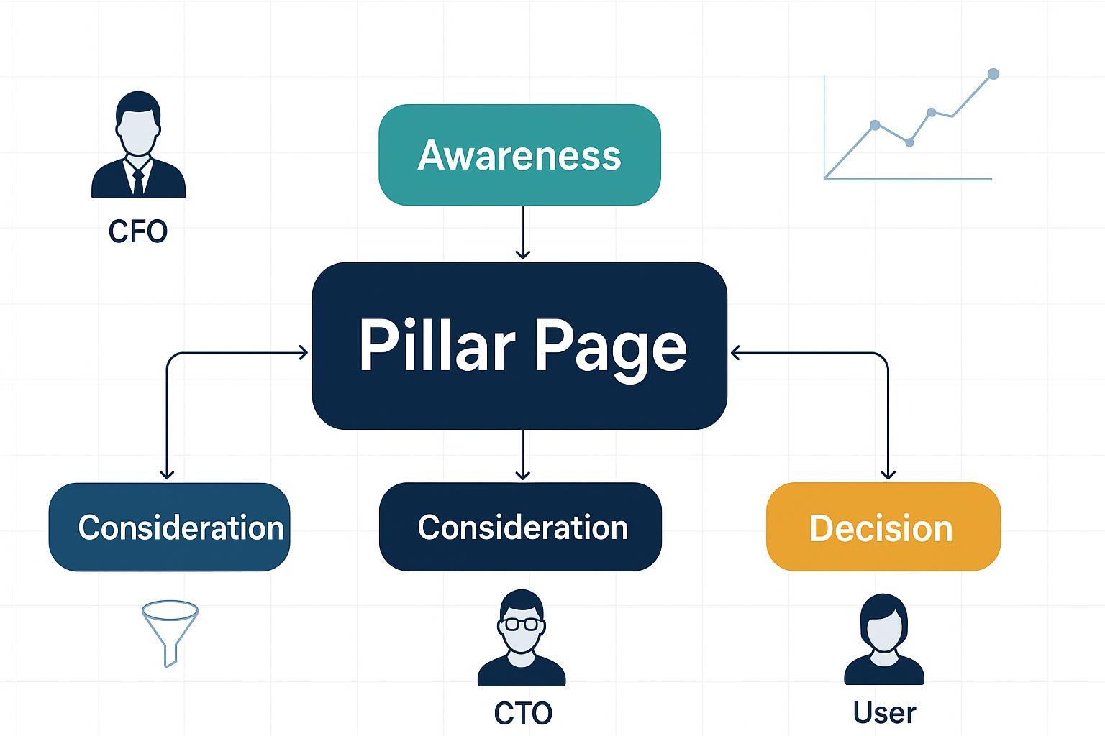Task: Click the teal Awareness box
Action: coord(519,155)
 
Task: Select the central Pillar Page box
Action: coord(519,346)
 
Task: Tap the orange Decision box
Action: coord(883,527)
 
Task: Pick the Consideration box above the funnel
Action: coord(170,527)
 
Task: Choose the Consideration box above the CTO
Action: coord(519,527)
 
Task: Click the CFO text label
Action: coord(138,231)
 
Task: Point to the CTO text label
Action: coord(523,713)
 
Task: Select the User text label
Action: coord(884,712)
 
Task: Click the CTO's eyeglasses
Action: coord(522,623)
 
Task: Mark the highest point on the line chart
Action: coord(993,74)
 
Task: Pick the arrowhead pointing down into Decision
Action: coord(888,474)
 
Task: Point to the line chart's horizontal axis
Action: coord(908,179)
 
